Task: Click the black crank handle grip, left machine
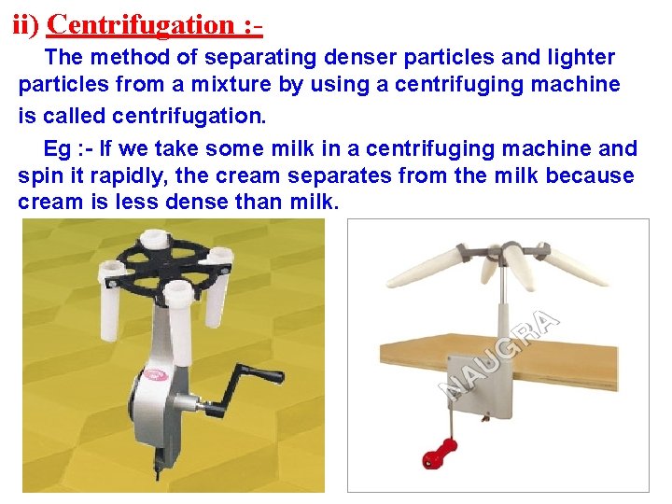coord(267,375)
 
